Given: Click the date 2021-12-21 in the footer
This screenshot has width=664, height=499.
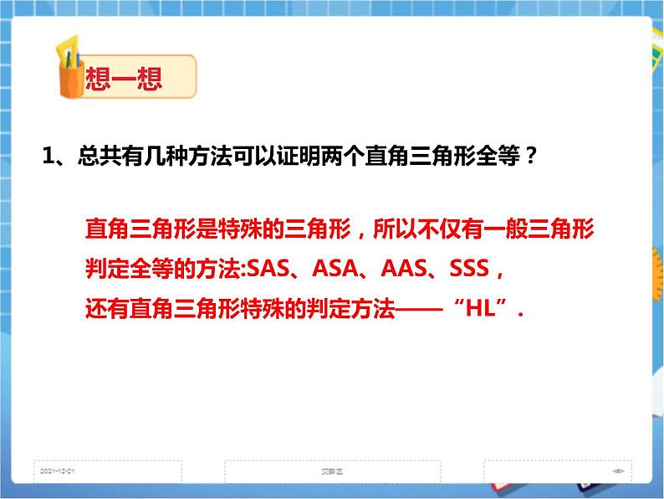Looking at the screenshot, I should click(58, 471).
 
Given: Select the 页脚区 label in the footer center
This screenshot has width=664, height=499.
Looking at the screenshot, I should click(332, 471).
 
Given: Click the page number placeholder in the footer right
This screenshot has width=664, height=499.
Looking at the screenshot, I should click(618, 471).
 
